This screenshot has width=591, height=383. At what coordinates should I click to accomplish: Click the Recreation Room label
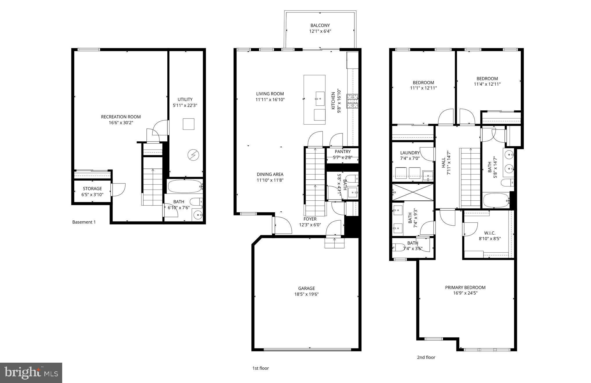point(121,117)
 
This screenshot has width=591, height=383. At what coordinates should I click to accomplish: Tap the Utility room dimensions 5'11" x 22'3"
point(185,105)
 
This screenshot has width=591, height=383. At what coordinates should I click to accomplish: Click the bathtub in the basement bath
point(185,186)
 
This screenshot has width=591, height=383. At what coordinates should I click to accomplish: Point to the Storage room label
point(92,188)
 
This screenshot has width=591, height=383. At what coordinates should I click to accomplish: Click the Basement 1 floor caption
point(84,222)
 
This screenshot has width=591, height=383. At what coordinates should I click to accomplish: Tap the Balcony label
point(320,25)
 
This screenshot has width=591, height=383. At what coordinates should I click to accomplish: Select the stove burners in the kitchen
point(352,101)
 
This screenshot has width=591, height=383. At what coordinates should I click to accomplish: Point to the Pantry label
point(343,152)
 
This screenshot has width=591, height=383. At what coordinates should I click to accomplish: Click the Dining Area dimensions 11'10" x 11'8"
point(270,180)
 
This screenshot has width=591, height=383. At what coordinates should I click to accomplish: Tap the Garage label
point(306,288)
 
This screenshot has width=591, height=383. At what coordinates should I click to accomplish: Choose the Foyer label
point(310,219)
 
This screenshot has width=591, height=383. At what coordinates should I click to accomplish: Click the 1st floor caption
point(260,368)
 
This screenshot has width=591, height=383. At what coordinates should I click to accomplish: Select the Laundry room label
point(410,153)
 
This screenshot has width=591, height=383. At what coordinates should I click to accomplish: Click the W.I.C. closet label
point(490,233)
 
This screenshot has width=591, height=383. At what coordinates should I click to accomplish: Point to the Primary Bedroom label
point(465,287)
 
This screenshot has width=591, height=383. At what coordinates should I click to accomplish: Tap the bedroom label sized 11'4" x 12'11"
point(487,78)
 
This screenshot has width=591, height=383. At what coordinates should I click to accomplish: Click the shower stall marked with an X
point(413,192)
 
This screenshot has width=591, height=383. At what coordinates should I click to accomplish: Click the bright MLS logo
point(31,373)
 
